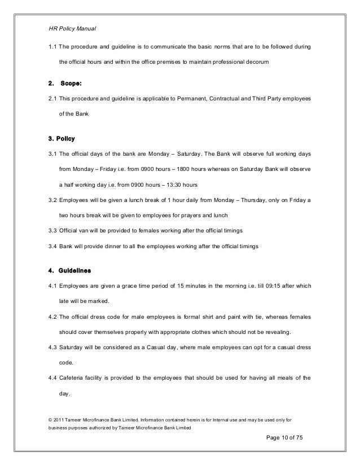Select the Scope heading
71,84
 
